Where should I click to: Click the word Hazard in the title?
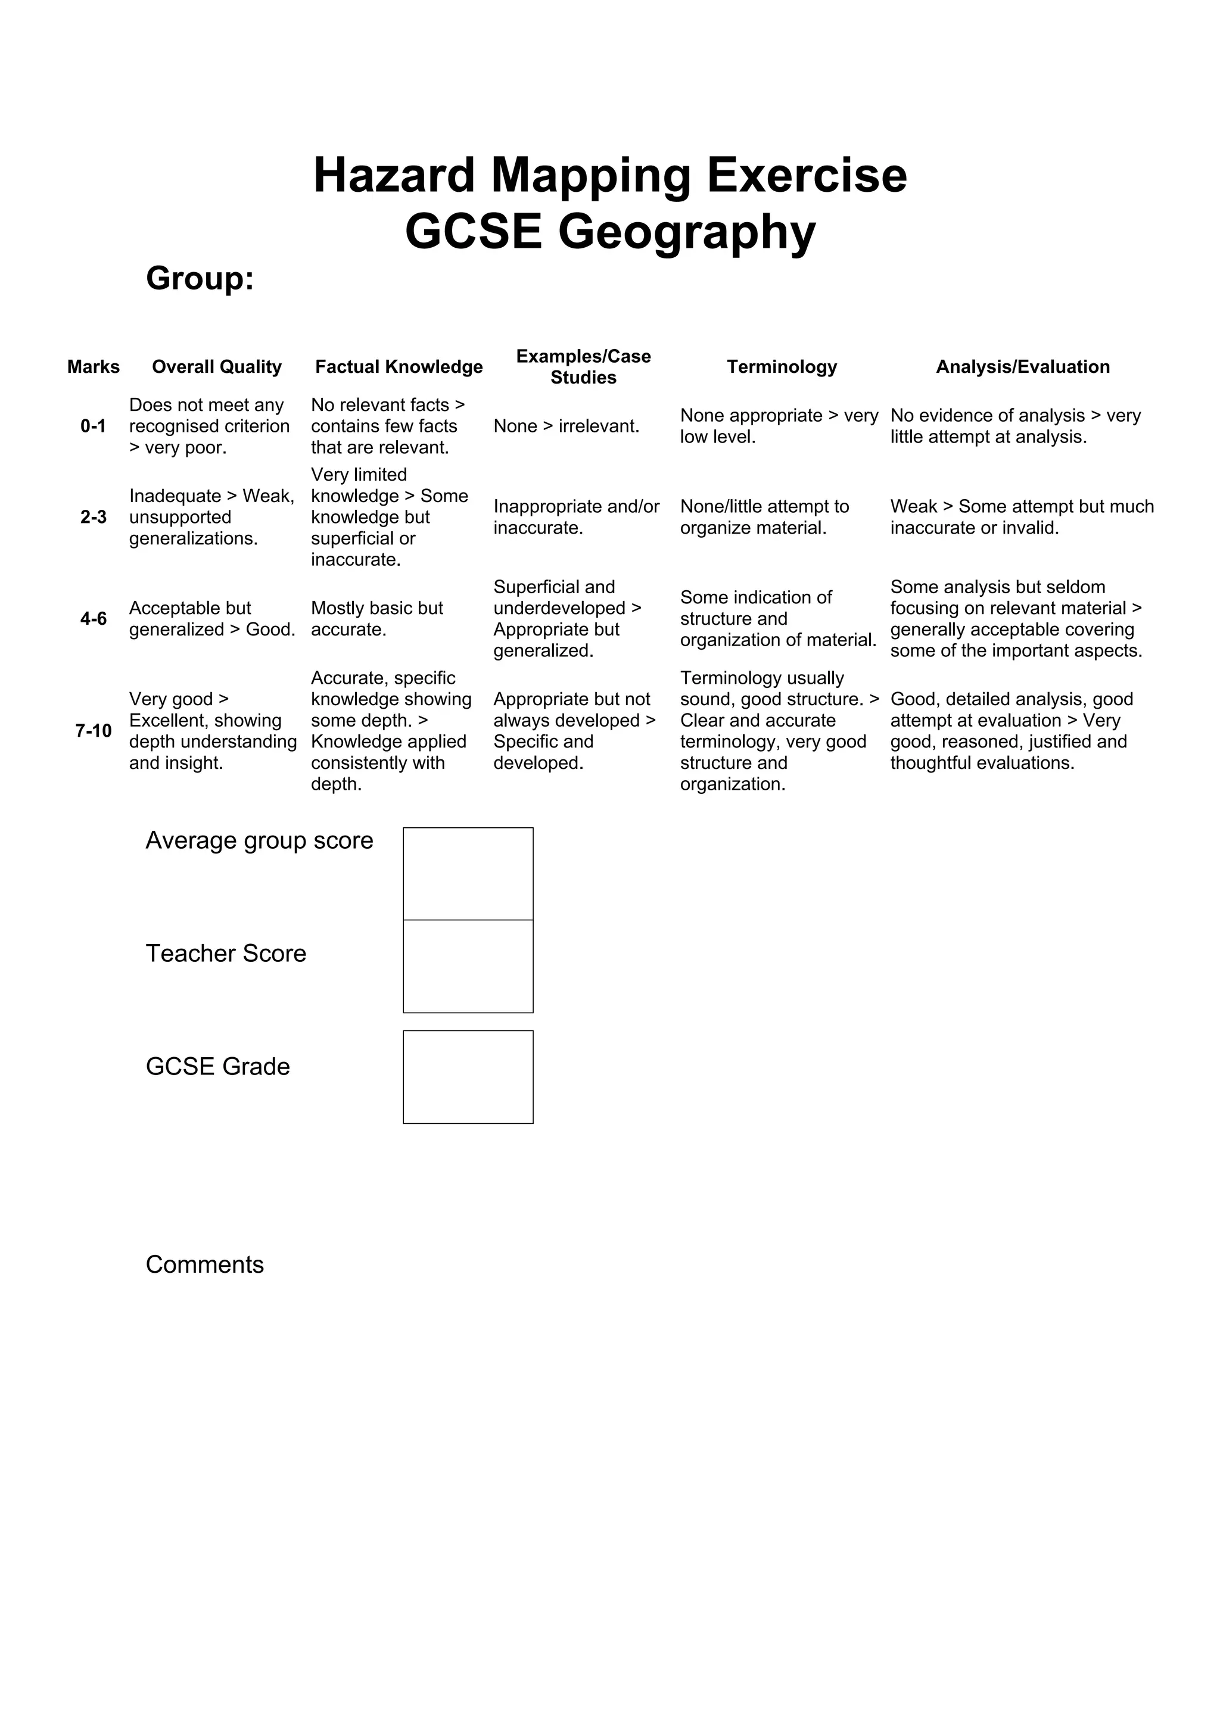[394, 175]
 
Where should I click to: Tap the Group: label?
[200, 279]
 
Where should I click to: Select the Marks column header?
[93, 367]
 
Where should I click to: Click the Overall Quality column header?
[216, 367]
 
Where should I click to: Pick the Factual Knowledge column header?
[399, 367]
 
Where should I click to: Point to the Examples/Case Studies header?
[583, 367]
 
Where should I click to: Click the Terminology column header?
[782, 367]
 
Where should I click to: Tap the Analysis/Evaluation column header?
[1022, 367]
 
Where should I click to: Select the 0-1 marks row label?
[93, 426]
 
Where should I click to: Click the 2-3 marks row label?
[93, 517]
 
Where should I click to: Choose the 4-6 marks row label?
[93, 619]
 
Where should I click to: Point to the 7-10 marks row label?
[93, 731]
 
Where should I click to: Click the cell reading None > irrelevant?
[566, 426]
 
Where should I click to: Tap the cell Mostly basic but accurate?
[376, 619]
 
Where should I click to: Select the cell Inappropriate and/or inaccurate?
[576, 517]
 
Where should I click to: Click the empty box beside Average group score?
[468, 874]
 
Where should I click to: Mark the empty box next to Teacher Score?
[468, 967]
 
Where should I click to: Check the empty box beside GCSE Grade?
[468, 1077]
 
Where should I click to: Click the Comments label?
[204, 1264]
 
